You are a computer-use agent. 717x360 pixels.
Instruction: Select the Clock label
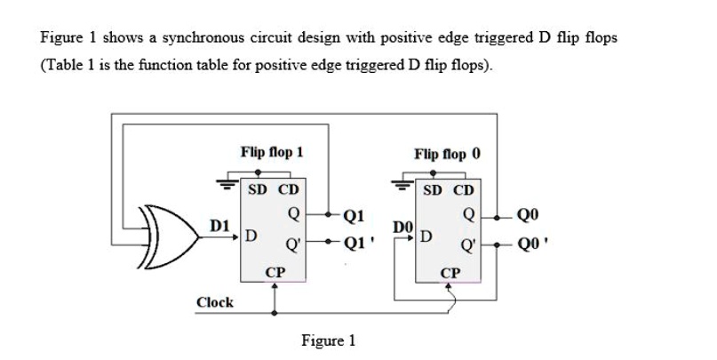(x=215, y=302)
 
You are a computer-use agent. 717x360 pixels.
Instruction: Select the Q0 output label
(x=528, y=213)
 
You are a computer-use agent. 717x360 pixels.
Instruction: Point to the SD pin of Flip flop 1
(x=258, y=190)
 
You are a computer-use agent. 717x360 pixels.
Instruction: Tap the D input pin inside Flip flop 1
(x=251, y=236)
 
